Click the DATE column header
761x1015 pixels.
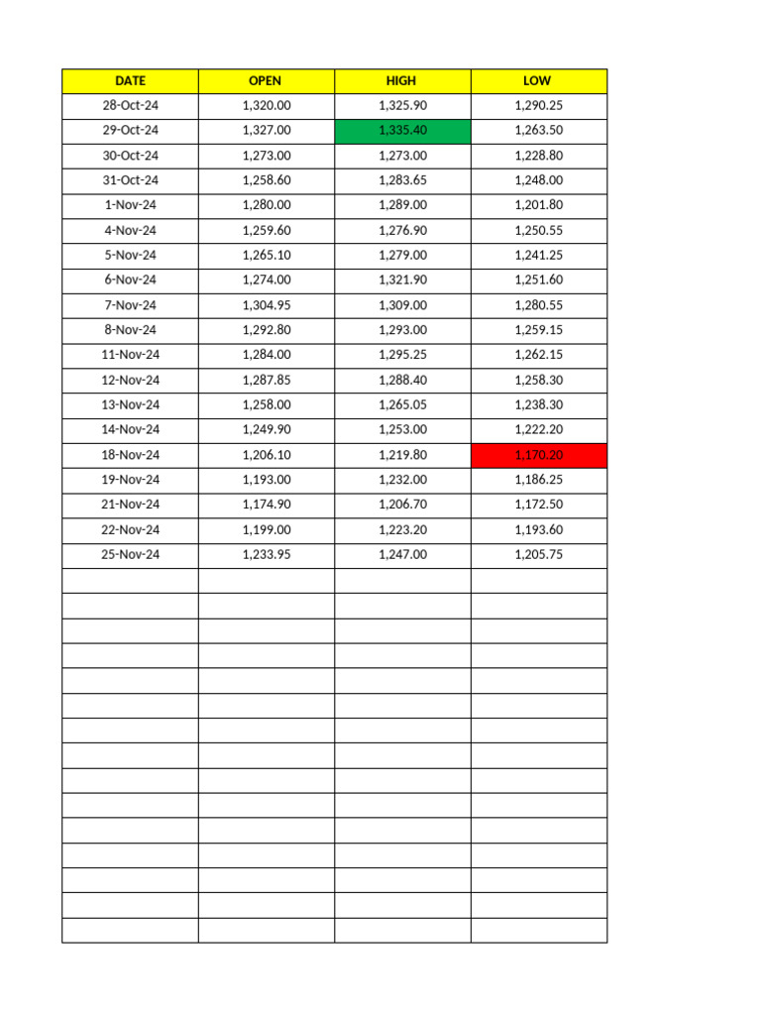[130, 80]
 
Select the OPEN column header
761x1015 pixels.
[266, 80]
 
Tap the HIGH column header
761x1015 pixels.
[401, 80]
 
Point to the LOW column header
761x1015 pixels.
[538, 80]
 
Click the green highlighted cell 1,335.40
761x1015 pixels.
[402, 131]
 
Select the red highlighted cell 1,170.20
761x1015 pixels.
[538, 455]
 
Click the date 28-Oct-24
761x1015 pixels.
[130, 105]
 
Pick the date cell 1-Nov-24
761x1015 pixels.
[130, 205]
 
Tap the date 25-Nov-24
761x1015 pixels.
[130, 555]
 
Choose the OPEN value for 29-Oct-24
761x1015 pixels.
[266, 131]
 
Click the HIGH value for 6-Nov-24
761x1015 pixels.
[402, 281]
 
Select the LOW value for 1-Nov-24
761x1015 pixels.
[538, 205]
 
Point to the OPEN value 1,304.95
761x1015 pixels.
[266, 305]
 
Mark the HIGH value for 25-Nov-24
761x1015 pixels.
[402, 555]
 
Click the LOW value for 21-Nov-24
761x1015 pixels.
[538, 505]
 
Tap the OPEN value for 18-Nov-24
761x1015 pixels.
[266, 455]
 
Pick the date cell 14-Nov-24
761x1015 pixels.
[130, 430]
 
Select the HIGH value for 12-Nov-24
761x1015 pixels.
[402, 381]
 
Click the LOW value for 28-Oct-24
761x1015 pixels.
[538, 105]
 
